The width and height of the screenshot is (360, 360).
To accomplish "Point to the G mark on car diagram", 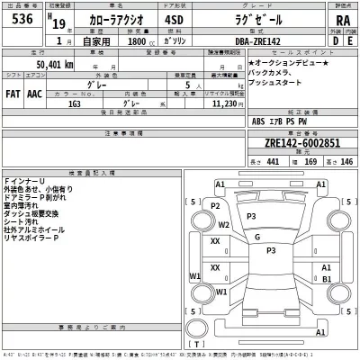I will (257, 237).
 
